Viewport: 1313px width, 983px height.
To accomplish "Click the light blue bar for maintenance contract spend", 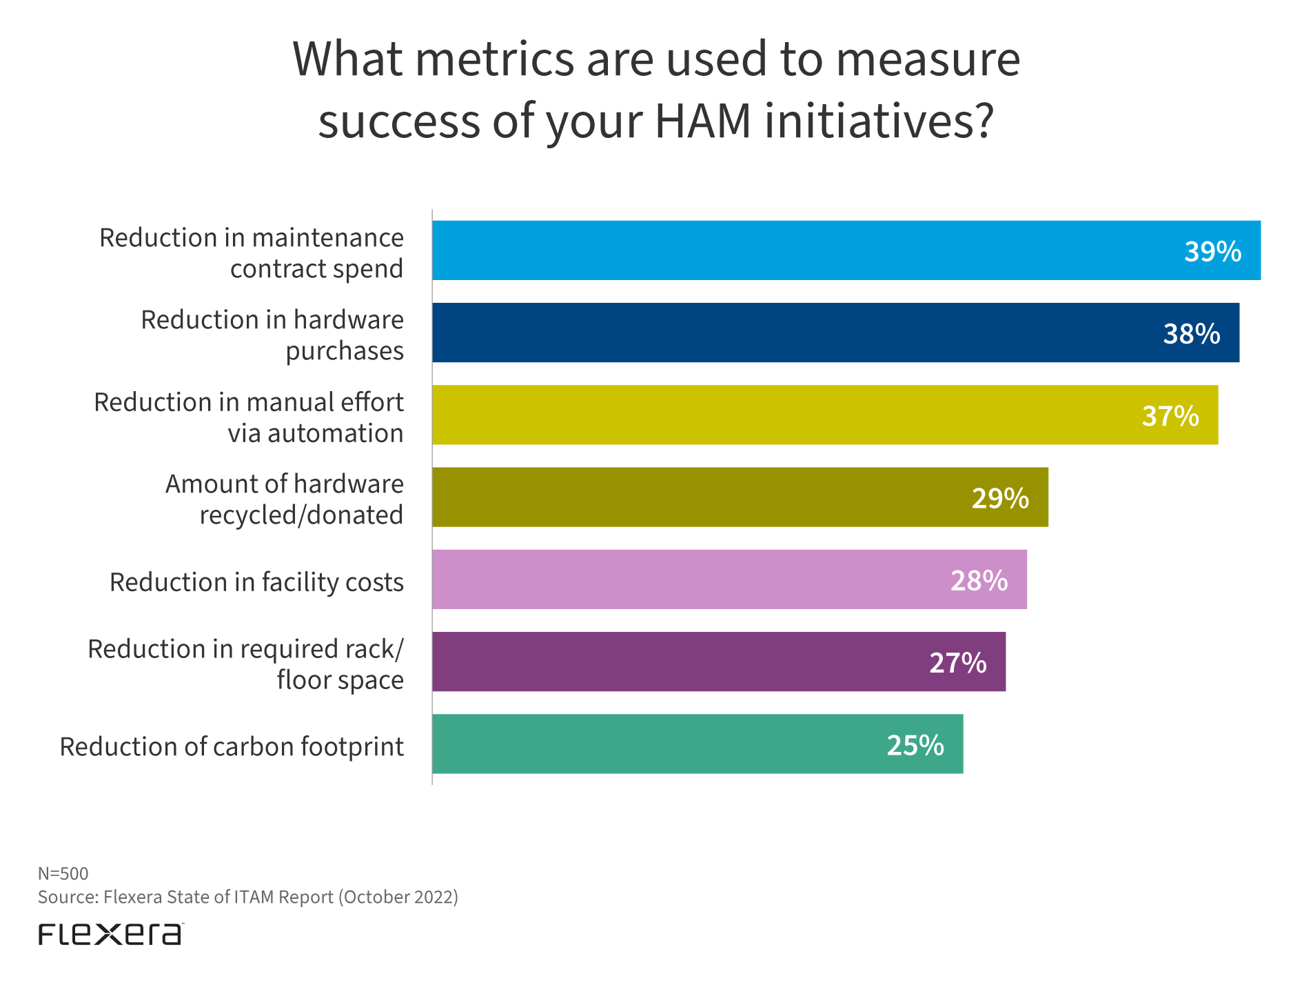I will [793, 250].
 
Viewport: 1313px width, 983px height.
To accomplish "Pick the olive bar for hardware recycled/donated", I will [689, 497].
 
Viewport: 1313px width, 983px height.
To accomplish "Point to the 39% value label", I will [1212, 252].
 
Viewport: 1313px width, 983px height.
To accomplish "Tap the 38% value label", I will [1191, 334].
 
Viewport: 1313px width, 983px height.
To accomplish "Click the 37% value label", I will [1170, 416].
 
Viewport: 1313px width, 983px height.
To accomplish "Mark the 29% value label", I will [999, 498].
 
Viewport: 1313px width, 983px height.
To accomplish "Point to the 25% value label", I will [915, 745].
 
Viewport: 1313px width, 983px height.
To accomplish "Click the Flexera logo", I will [110, 934].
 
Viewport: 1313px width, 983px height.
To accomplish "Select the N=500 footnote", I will [63, 873].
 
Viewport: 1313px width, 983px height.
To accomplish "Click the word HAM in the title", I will [702, 121].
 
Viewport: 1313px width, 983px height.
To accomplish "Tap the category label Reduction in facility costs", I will [256, 582].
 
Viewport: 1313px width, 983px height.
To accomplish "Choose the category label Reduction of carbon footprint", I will [232, 746].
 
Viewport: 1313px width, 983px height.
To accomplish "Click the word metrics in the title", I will [494, 59].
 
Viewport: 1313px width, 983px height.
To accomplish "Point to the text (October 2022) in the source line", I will [398, 897].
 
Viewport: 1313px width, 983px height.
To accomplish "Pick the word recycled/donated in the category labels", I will [301, 515].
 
